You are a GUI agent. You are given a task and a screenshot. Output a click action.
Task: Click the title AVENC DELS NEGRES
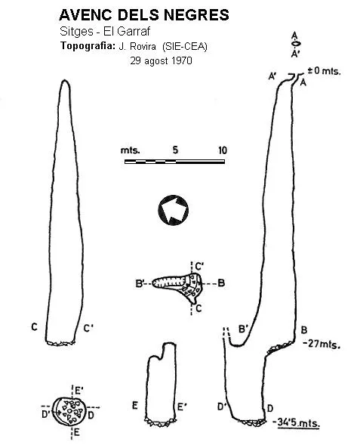coord(144,15)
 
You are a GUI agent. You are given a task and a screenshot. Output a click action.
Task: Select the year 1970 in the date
coord(181,60)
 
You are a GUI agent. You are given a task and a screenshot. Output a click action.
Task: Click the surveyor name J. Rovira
coord(137,46)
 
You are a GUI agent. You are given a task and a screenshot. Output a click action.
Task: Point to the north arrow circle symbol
coord(174,210)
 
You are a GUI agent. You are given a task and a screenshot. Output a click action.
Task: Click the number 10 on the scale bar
coord(223,150)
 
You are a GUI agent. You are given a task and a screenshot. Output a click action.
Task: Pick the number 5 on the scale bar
coord(175,150)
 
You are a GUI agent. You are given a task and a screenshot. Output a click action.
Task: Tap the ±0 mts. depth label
coord(324,70)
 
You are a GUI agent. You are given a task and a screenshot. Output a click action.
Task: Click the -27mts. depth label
coord(322,344)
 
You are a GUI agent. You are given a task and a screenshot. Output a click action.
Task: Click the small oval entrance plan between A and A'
coord(296,44)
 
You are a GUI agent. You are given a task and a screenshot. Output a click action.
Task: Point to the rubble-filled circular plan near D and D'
coord(69,411)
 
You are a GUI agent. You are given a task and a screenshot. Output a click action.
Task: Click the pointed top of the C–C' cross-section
coord(65,80)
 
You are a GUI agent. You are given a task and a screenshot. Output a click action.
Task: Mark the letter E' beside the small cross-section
coord(182,406)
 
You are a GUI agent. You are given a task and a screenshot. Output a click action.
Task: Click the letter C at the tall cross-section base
coord(34,326)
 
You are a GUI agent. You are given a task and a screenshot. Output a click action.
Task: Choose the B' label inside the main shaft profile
coord(243,329)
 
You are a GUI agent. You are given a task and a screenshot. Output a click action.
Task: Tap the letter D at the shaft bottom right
coord(270,408)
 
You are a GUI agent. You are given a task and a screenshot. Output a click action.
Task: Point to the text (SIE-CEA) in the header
coord(185,47)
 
